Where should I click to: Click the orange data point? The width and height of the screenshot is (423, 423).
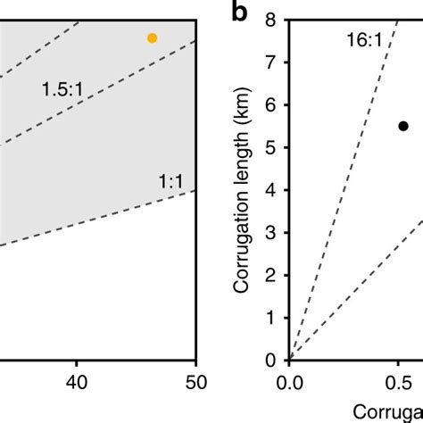click(x=152, y=37)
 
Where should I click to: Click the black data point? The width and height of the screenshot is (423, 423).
click(x=402, y=127)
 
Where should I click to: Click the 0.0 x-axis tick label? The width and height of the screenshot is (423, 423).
click(x=289, y=385)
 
